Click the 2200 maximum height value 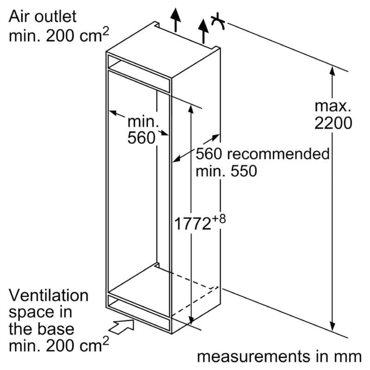[x=333, y=123]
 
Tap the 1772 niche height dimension [x=192, y=223]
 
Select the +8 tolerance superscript [x=219, y=219]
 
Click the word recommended [x=278, y=154]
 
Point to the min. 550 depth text [x=226, y=171]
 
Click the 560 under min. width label [x=142, y=137]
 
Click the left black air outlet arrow [x=176, y=20]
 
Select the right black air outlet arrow [x=203, y=31]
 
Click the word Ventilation [x=49, y=295]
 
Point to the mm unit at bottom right [x=349, y=357]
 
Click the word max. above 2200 [x=333, y=106]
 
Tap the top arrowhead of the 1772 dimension [x=191, y=109]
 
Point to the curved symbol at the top [x=218, y=21]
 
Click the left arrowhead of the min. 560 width [x=113, y=112]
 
